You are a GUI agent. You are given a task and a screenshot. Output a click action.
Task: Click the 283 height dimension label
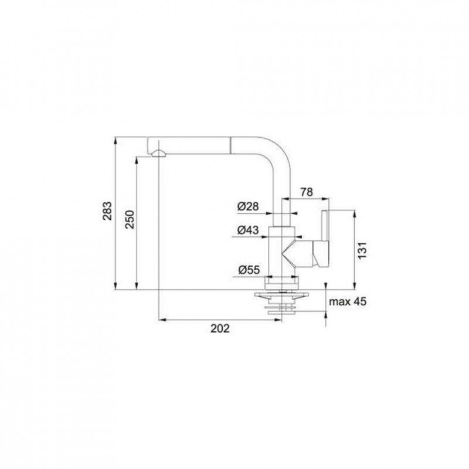(x=107, y=211)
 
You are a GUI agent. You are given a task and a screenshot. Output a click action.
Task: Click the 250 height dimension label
(x=130, y=219)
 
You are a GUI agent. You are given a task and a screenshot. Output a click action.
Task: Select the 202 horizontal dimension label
(x=220, y=328)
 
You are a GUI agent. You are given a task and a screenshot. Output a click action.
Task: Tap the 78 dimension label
(x=307, y=192)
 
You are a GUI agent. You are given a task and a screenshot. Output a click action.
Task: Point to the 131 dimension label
(x=362, y=251)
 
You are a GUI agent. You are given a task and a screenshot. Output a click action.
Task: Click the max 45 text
(x=348, y=301)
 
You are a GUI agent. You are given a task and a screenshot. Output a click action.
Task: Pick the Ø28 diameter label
(x=248, y=206)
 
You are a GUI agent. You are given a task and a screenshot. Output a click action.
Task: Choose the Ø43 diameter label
(x=248, y=230)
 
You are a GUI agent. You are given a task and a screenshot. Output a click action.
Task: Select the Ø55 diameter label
(x=249, y=270)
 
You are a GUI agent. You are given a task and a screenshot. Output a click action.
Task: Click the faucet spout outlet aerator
(x=158, y=154)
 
